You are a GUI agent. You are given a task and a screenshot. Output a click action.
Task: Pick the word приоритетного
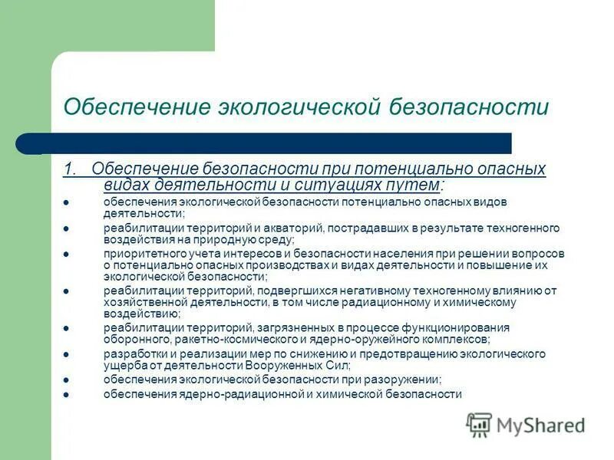tap(140, 254)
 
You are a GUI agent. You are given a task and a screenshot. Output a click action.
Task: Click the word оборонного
tap(132, 340)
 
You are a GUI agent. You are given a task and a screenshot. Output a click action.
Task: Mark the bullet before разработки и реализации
tap(66, 354)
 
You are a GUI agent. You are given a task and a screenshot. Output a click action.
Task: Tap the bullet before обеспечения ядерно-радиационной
tap(66, 394)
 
